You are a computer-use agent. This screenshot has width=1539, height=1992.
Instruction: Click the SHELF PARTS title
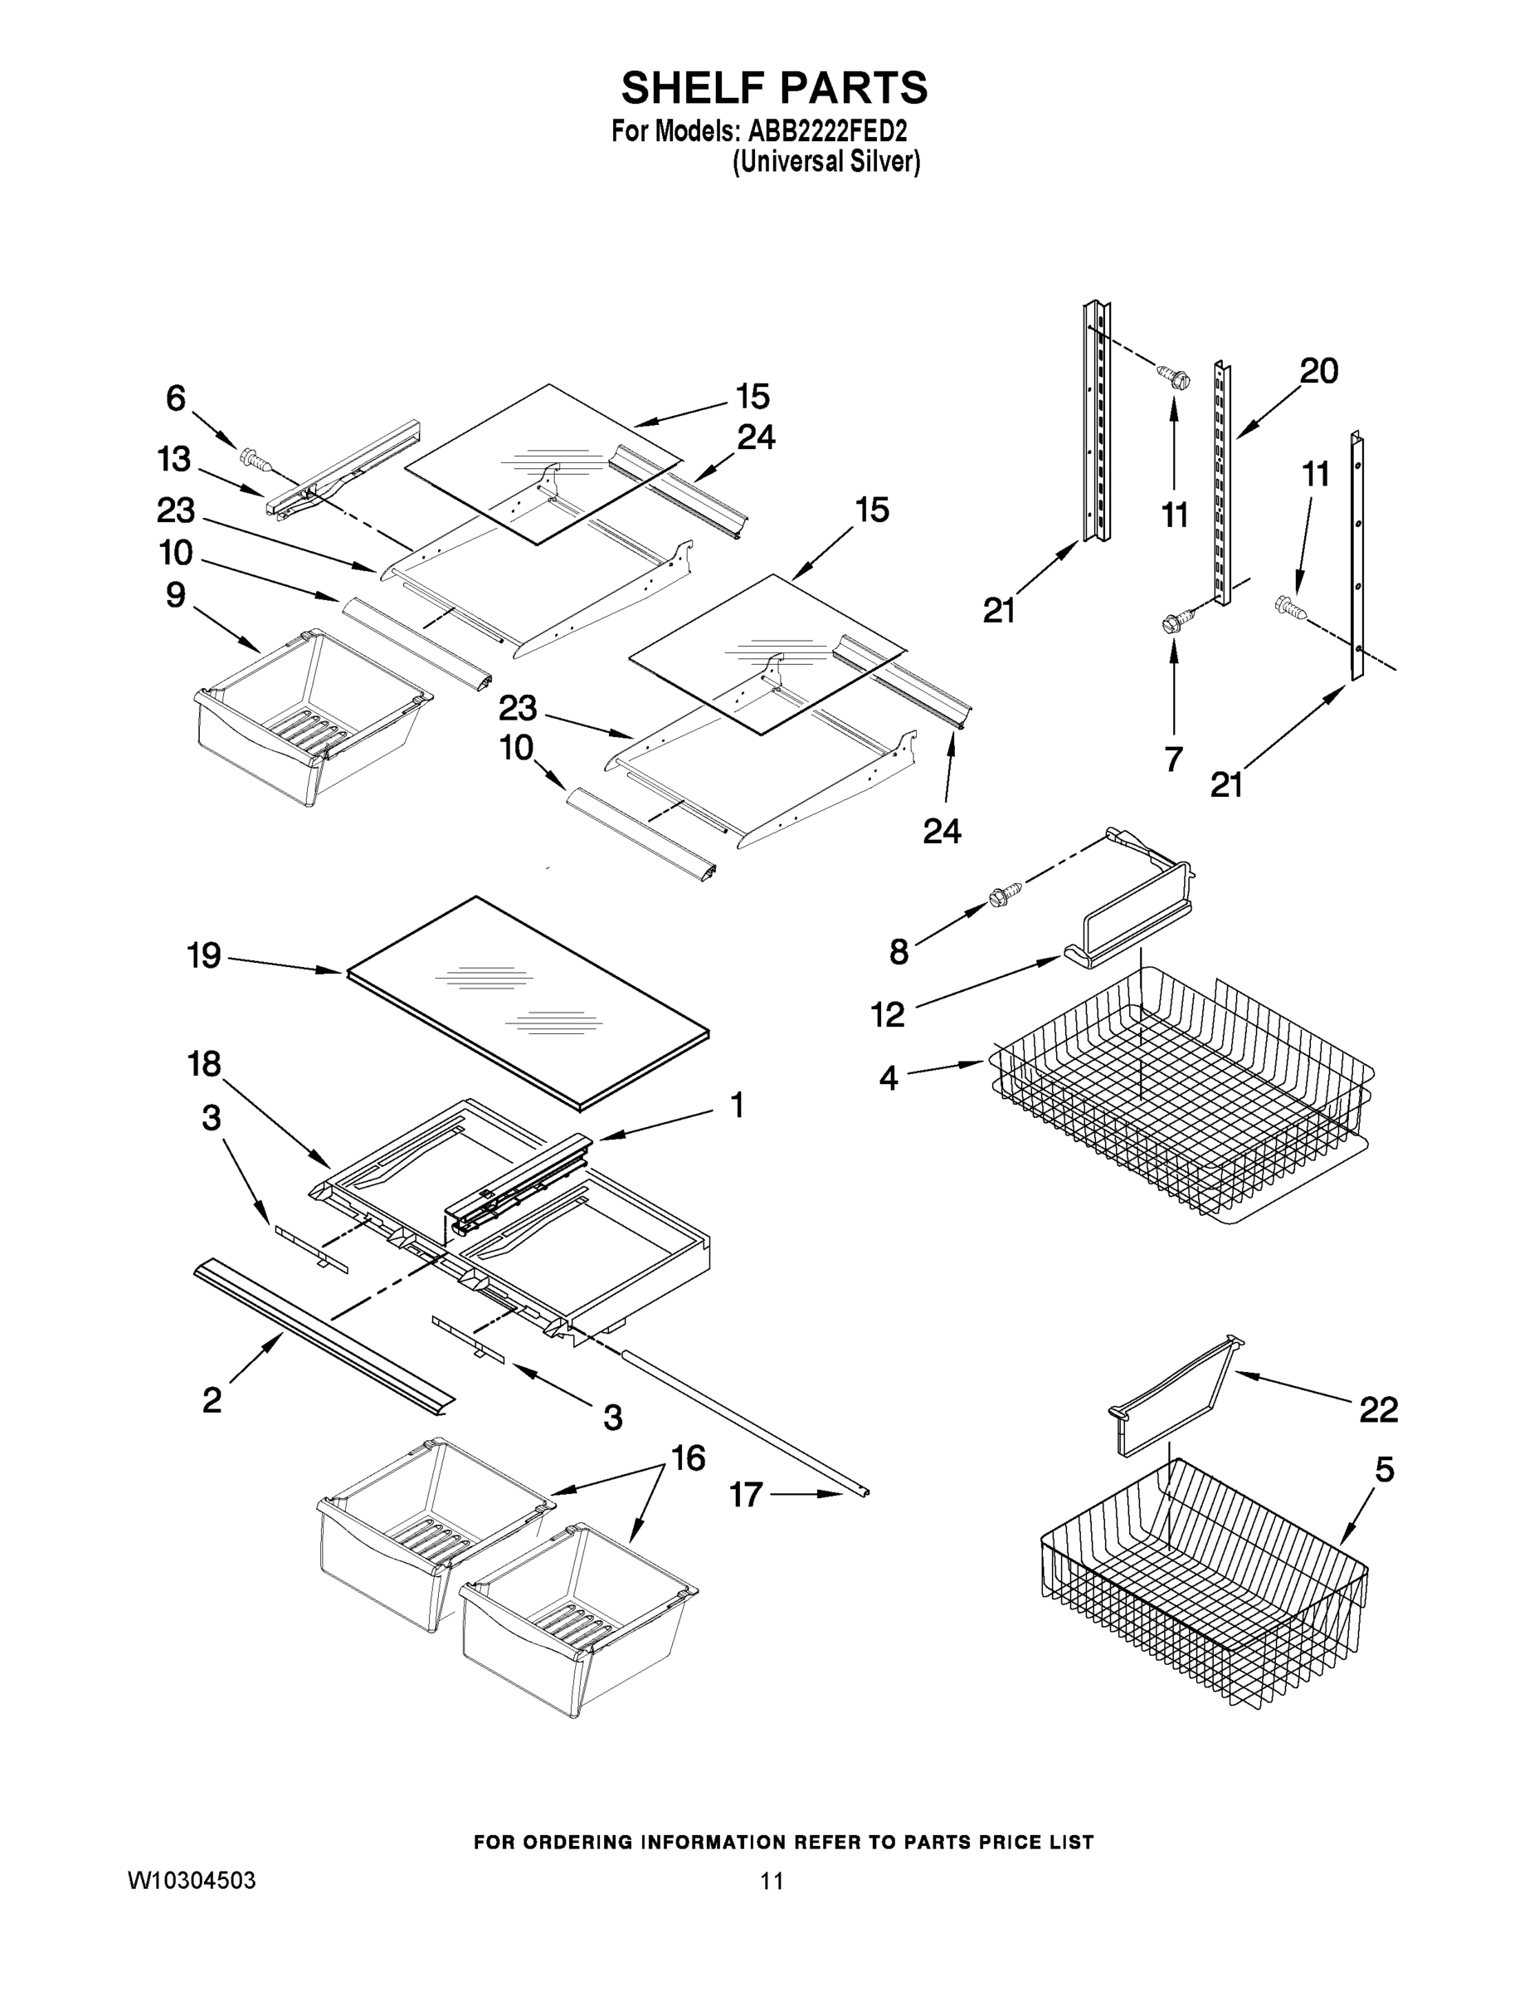(773, 89)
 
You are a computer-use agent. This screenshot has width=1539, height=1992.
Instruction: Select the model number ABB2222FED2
(827, 131)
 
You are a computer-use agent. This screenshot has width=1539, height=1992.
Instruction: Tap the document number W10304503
(191, 1880)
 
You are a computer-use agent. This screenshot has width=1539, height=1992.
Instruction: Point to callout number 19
(203, 955)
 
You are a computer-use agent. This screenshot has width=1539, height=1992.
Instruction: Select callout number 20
(1317, 371)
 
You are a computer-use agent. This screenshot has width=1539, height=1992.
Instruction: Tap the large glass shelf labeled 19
(528, 1003)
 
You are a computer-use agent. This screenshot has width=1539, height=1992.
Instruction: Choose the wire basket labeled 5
(1204, 1587)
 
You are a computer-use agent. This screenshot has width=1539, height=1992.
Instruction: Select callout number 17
(745, 1494)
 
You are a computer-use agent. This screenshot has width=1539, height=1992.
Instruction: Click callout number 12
(887, 1013)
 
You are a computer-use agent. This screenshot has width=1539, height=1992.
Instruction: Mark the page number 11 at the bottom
(772, 1880)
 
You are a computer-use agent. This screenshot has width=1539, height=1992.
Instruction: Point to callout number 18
(203, 1062)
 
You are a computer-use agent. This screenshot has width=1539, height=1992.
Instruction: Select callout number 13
(173, 459)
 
